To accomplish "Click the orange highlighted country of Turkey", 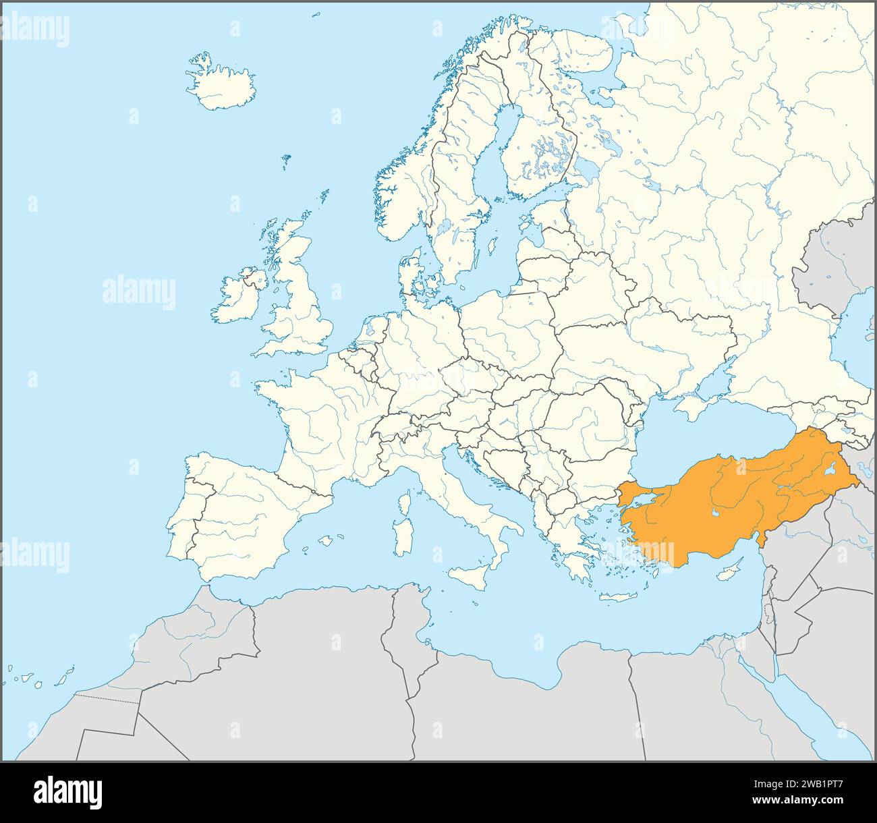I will coord(729,499).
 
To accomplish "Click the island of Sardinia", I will coord(404,536).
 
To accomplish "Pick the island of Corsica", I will coord(405,503).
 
